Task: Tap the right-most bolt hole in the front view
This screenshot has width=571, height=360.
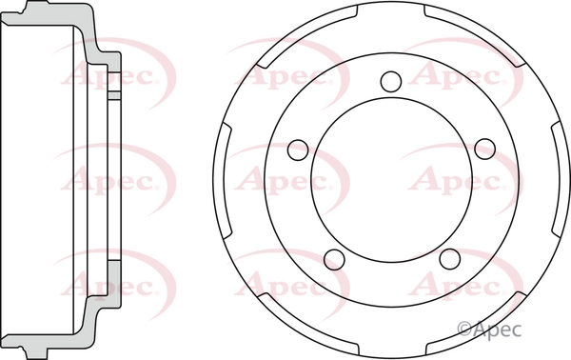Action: [x=485, y=149]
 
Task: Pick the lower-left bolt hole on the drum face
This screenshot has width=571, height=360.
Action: [x=332, y=259]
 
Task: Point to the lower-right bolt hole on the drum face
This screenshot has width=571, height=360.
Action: [x=449, y=259]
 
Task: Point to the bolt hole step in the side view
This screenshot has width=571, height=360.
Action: [x=111, y=94]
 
